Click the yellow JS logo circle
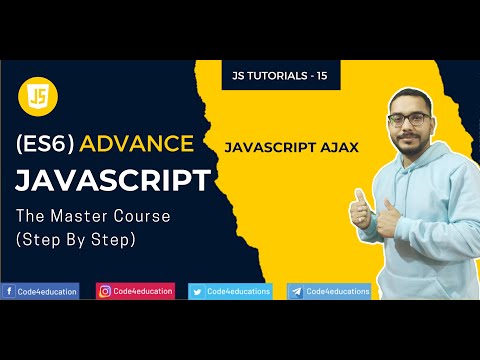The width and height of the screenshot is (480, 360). coord(37,96)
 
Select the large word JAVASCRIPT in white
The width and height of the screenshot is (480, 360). coord(112,181)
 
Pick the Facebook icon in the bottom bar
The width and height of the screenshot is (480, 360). coord(9,291)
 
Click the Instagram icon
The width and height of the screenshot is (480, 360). coord(104,291)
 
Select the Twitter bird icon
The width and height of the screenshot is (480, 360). coord(196,291)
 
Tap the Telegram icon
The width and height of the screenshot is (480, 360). coord(295,291)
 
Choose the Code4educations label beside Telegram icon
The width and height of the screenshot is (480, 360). coord(337,291)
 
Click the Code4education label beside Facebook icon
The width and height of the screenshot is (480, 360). coord(47,291)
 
